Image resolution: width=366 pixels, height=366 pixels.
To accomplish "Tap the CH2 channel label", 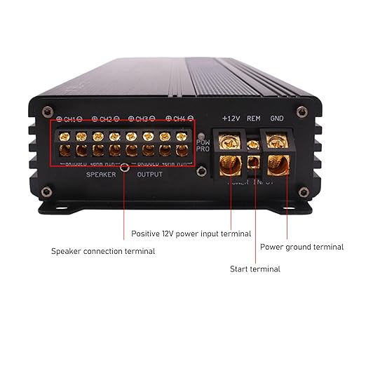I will pyautogui.click(x=107, y=119).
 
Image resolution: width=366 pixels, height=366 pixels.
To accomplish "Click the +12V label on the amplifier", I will pyautogui.click(x=231, y=118).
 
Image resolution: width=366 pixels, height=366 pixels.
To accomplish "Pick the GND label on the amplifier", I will pyautogui.click(x=277, y=118).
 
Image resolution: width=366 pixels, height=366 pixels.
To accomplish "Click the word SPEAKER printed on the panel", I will pyautogui.click(x=100, y=174).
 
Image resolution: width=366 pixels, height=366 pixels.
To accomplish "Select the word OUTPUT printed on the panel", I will pyautogui.click(x=149, y=174).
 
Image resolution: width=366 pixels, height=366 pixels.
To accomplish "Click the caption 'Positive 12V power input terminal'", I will pyautogui.click(x=191, y=233).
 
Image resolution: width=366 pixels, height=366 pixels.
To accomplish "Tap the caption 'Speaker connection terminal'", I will pyautogui.click(x=103, y=251).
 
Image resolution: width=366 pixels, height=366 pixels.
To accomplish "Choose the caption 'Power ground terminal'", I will pyautogui.click(x=302, y=247).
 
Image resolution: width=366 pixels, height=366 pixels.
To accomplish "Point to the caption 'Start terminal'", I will pyautogui.click(x=255, y=269).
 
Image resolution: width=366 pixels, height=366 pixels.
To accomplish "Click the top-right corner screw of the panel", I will pyautogui.click(x=301, y=109).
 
